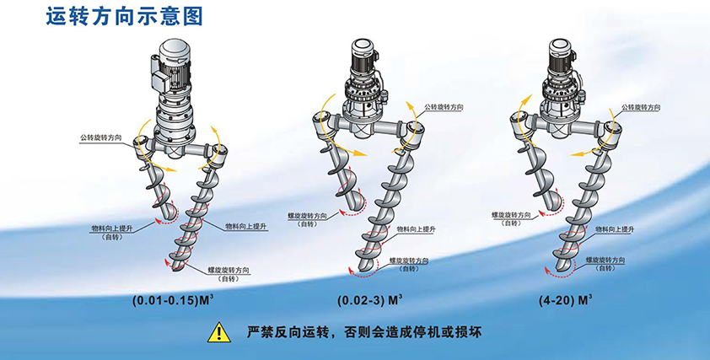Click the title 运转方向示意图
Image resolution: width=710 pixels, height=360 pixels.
[x=124, y=16]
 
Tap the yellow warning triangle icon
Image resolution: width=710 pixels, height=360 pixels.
[x=219, y=333]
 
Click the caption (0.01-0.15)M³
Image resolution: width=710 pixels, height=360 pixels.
[x=173, y=301]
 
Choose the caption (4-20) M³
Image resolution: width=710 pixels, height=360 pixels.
[x=566, y=301]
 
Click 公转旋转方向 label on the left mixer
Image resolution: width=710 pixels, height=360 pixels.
[x=101, y=137]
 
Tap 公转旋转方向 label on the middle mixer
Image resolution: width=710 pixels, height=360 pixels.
[x=444, y=107]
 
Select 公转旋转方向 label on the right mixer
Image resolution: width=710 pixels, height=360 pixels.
[x=641, y=107]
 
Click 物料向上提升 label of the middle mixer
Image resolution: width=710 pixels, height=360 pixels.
[x=416, y=229]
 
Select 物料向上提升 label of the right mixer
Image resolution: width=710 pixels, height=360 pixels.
[x=615, y=229]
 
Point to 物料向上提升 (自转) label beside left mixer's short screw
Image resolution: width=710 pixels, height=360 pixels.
[x=112, y=233]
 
